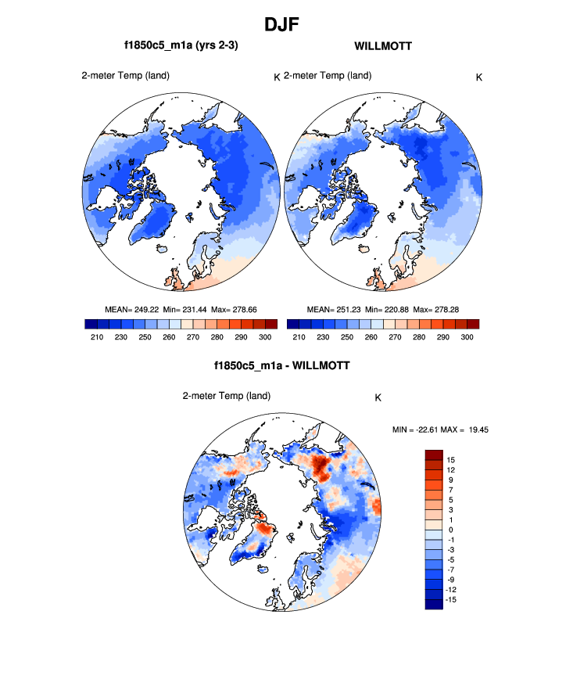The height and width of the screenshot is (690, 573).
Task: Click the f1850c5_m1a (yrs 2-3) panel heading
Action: (181, 46)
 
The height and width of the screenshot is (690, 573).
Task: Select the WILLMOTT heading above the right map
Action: (383, 46)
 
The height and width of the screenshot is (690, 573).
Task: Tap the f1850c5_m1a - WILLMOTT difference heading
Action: (281, 365)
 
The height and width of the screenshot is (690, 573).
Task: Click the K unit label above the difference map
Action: (378, 397)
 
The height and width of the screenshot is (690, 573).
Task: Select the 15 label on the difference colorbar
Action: (452, 459)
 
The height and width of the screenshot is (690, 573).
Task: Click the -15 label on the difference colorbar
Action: (450, 599)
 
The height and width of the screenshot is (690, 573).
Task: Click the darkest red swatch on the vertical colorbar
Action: (434, 455)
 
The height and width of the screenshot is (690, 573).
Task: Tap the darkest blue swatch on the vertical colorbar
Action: (434, 603)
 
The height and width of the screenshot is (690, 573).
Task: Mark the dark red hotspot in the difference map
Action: (321, 468)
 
